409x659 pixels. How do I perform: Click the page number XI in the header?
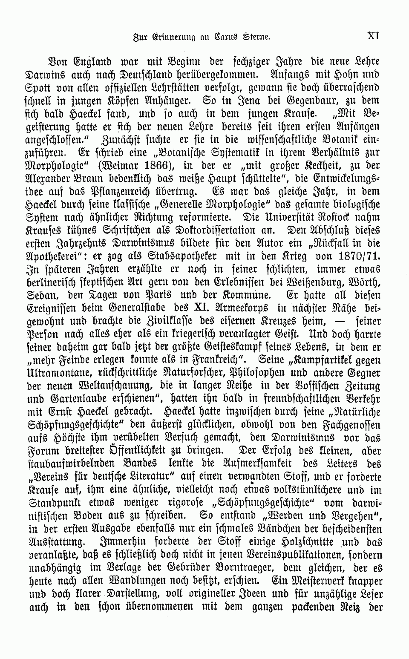[373, 36]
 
